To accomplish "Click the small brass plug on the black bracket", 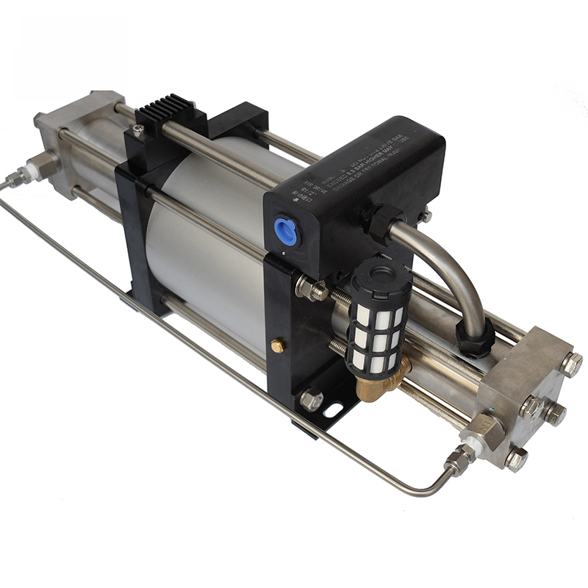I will point(279,344).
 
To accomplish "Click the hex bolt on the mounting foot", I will point(311,400).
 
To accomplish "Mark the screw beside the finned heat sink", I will point(138,130).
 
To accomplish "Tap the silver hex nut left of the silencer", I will point(312,290).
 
